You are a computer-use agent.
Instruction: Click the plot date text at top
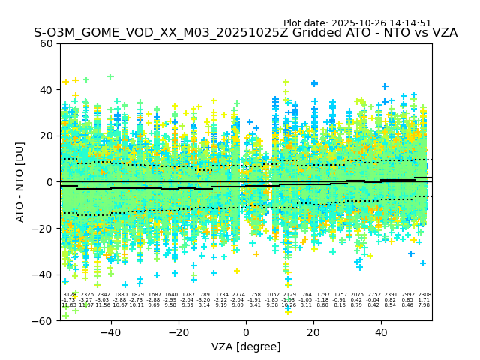click(x=357, y=23)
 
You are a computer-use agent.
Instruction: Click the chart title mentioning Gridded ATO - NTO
click(x=245, y=34)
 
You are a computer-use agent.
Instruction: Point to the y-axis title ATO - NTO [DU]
click(x=20, y=181)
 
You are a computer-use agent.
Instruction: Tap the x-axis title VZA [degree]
click(x=246, y=346)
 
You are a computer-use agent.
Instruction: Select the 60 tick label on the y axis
click(x=46, y=43)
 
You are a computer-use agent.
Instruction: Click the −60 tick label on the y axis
click(x=43, y=321)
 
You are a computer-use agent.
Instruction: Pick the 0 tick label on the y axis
click(x=50, y=182)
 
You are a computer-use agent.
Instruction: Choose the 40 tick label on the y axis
click(x=46, y=90)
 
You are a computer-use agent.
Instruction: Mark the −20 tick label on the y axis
click(x=43, y=229)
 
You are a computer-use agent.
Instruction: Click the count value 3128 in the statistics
click(x=69, y=295)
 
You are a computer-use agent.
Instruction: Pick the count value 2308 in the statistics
click(x=424, y=295)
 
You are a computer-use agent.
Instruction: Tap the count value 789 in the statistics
click(x=205, y=295)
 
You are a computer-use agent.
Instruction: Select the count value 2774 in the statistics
click(x=238, y=295)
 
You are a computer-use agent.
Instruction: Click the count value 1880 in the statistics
click(x=120, y=295)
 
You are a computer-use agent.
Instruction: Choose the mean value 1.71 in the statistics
click(x=424, y=300)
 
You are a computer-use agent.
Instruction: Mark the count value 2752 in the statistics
click(x=373, y=295)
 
